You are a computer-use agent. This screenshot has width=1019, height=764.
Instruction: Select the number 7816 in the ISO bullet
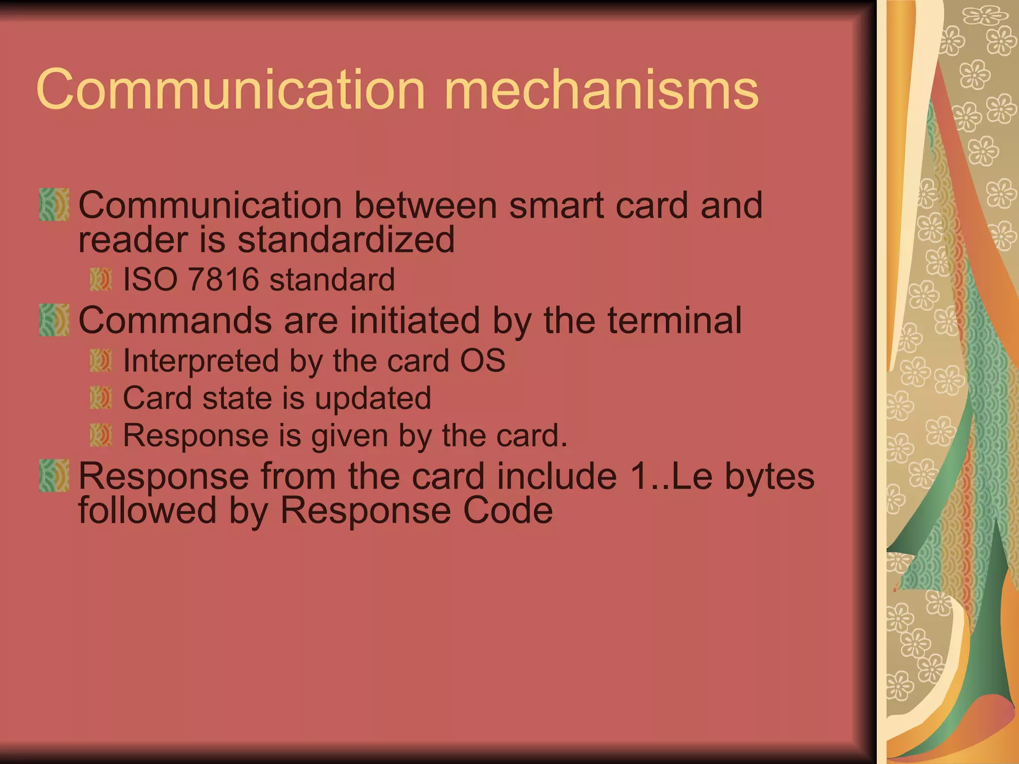223,279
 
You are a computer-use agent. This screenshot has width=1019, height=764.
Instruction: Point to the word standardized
346,240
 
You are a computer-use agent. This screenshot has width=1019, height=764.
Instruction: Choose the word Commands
175,321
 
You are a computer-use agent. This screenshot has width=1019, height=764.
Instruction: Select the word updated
373,399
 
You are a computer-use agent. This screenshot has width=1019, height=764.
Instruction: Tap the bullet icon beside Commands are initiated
54,320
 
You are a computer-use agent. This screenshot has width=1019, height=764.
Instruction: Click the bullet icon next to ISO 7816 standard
101,279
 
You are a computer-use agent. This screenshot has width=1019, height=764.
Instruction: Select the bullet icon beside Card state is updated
101,398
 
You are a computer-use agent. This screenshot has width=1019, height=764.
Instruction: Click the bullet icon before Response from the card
54,476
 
